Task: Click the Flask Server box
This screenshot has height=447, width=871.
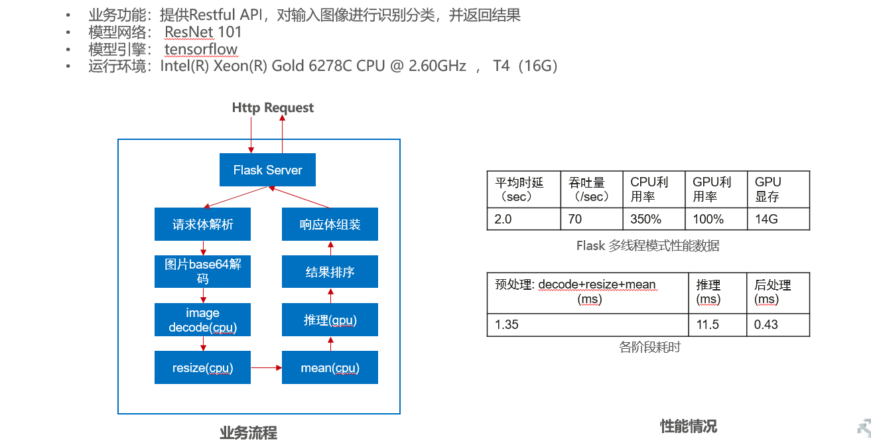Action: pos(267,170)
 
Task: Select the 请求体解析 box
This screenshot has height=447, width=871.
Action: pos(202,224)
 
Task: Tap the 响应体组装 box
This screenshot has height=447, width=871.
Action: pos(330,224)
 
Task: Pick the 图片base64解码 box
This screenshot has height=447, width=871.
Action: pos(202,272)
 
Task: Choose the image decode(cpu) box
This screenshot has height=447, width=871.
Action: pos(202,320)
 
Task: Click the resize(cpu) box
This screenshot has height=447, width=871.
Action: pos(202,367)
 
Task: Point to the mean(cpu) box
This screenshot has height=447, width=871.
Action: pos(330,367)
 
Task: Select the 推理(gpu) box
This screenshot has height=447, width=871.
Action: pos(330,320)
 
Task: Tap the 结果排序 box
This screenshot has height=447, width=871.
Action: pos(330,272)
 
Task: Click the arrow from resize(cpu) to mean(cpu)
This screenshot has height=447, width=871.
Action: pos(266,367)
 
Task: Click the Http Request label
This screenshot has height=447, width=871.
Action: pos(273,107)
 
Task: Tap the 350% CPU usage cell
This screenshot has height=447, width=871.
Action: pos(653,219)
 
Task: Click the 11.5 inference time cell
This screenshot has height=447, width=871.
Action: pos(717,324)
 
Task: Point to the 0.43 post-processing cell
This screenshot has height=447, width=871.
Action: pos(777,324)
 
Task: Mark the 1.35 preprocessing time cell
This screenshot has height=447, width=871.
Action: pos(588,324)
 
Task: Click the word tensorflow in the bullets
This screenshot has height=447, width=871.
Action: pos(201,49)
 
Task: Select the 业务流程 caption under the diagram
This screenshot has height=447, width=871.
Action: pos(248,433)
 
